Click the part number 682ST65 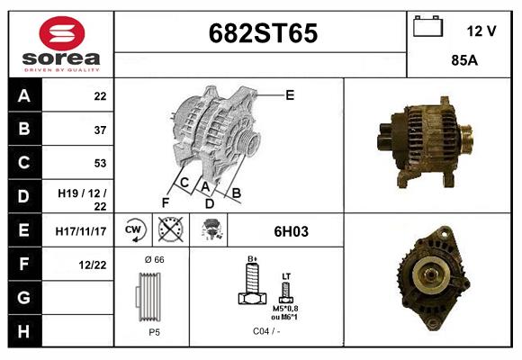pos(263,33)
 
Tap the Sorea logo pos(60,44)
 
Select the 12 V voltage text pos(481,31)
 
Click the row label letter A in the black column pos(24,95)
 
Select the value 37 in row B pos(99,130)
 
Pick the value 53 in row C pos(99,164)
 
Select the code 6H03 pos(291,231)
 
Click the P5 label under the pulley pos(153,332)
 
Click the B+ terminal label pos(253,259)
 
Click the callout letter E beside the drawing pos(290,94)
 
